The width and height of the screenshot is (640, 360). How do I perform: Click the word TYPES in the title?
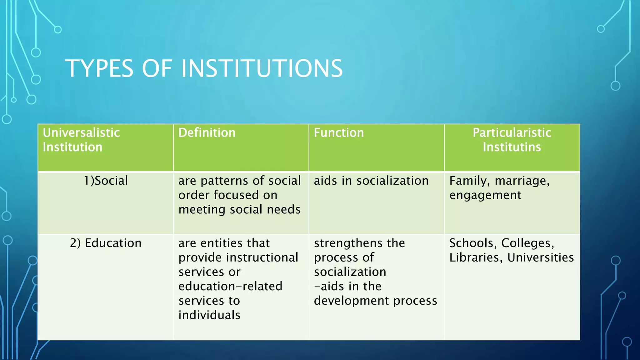(x=99, y=68)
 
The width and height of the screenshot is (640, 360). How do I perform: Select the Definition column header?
(x=207, y=133)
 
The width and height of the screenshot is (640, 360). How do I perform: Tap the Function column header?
(x=339, y=133)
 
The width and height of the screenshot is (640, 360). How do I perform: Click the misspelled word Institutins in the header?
(x=512, y=147)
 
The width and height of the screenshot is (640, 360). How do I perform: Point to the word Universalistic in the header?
(x=81, y=133)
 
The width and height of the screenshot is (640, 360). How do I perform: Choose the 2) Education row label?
(x=106, y=243)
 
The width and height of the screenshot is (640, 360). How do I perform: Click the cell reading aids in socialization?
(x=371, y=181)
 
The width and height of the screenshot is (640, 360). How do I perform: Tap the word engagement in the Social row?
(x=485, y=195)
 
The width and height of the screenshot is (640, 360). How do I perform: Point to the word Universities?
(x=540, y=257)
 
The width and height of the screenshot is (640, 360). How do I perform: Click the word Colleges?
(x=527, y=243)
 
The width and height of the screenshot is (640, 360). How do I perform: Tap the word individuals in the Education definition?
(x=209, y=315)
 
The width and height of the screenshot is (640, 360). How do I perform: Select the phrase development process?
(x=375, y=301)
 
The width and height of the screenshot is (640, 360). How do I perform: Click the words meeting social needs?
(x=239, y=209)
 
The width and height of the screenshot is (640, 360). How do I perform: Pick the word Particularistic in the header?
(x=512, y=133)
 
